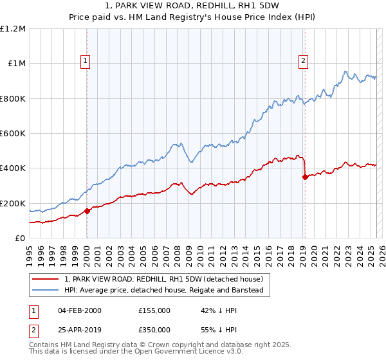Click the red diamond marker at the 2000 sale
click(x=87, y=211)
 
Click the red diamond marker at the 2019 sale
click(x=305, y=177)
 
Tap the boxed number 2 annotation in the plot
click(x=303, y=62)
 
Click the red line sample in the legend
click(x=46, y=280)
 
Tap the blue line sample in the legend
click(x=46, y=290)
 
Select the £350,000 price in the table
click(x=154, y=329)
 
